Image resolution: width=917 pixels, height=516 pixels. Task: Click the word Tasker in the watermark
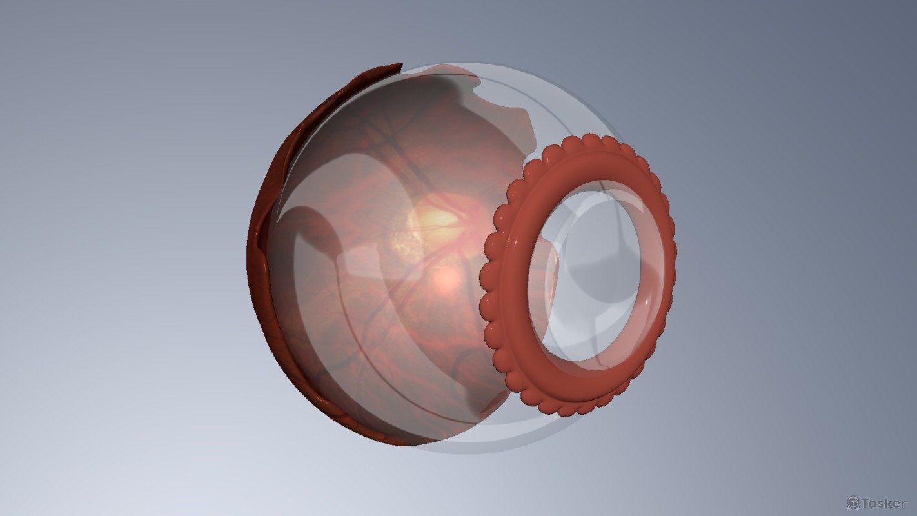pos(884,502)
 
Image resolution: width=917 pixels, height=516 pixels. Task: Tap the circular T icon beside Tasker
pos(853,502)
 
